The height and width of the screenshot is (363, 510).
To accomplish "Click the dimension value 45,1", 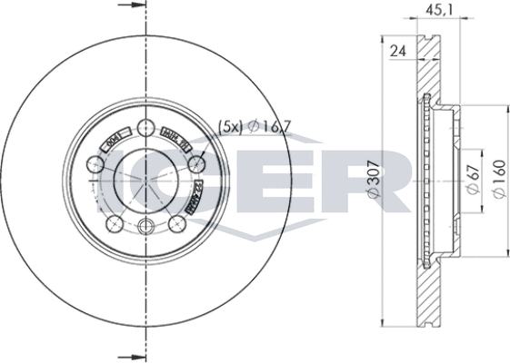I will [x=433, y=13].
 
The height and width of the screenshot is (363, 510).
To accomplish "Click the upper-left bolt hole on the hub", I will [x=95, y=164].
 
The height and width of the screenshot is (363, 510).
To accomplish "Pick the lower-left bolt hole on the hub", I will [x=115, y=225].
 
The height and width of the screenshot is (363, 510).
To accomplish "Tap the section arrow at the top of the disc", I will [x=133, y=8].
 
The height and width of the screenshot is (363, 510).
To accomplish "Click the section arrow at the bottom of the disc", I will [x=133, y=354].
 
